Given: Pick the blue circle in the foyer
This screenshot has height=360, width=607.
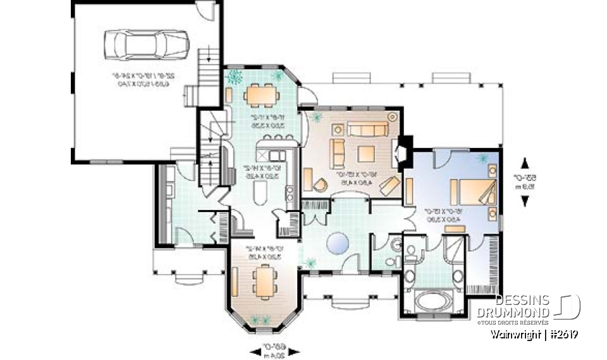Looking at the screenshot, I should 338,242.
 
